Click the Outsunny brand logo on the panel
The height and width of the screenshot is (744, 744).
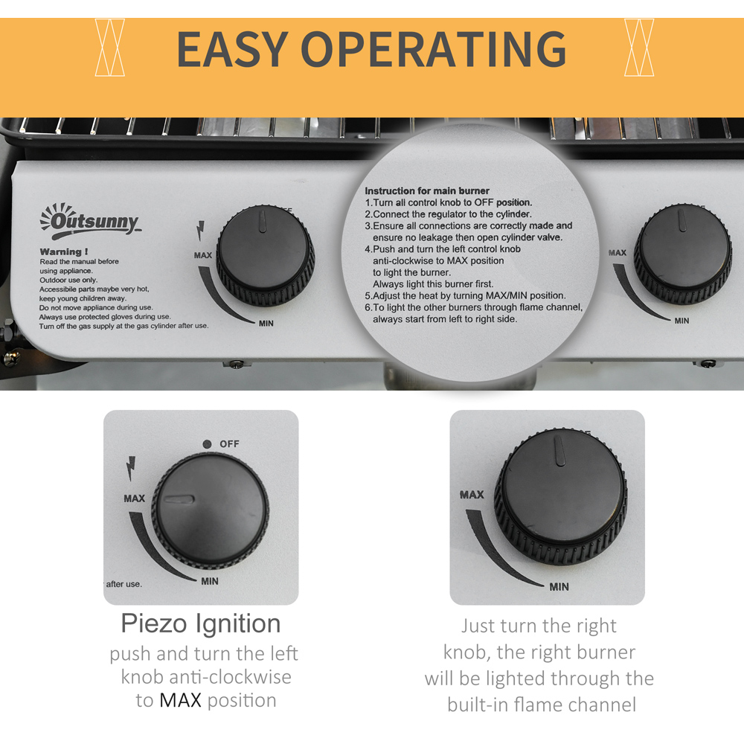point(90,221)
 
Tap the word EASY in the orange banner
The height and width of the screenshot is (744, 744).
point(232,48)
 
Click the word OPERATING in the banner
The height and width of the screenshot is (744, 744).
point(434,48)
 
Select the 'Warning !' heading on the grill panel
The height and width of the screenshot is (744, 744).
point(63,251)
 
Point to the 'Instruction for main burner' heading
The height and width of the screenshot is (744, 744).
point(427,190)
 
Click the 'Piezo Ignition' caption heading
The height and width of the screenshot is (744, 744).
point(201,623)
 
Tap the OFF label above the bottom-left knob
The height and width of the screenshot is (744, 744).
point(229,443)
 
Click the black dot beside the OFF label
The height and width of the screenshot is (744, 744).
point(207,444)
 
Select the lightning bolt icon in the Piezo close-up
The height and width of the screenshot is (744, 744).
point(130,468)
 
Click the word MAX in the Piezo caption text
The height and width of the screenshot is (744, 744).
point(180,700)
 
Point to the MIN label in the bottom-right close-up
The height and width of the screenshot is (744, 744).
point(559,587)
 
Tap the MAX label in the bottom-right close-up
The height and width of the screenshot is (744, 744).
point(472,495)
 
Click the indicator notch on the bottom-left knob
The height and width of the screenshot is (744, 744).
point(179,499)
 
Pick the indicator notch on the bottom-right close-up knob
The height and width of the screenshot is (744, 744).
point(559,451)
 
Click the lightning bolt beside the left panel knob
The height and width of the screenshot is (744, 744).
point(201,230)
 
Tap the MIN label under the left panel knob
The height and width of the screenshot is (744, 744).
point(266,323)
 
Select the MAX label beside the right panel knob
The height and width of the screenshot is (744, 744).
point(618,253)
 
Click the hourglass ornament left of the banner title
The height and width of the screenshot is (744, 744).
point(109,48)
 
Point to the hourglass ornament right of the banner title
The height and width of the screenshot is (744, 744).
point(639,48)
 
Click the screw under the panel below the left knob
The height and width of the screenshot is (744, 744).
point(237,365)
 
